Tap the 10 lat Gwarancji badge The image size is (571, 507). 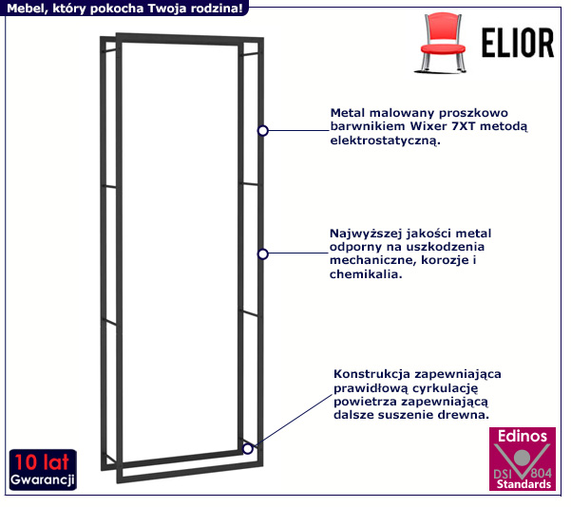(x=42, y=470)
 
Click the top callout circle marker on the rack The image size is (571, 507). (x=263, y=129)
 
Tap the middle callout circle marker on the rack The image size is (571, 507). (x=263, y=253)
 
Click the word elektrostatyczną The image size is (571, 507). (x=384, y=141)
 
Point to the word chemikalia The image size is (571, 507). (x=366, y=275)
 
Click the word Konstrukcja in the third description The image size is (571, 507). (x=371, y=374)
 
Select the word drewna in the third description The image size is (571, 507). (x=466, y=415)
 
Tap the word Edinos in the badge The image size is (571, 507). (x=522, y=437)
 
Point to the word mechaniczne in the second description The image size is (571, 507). (x=370, y=261)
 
